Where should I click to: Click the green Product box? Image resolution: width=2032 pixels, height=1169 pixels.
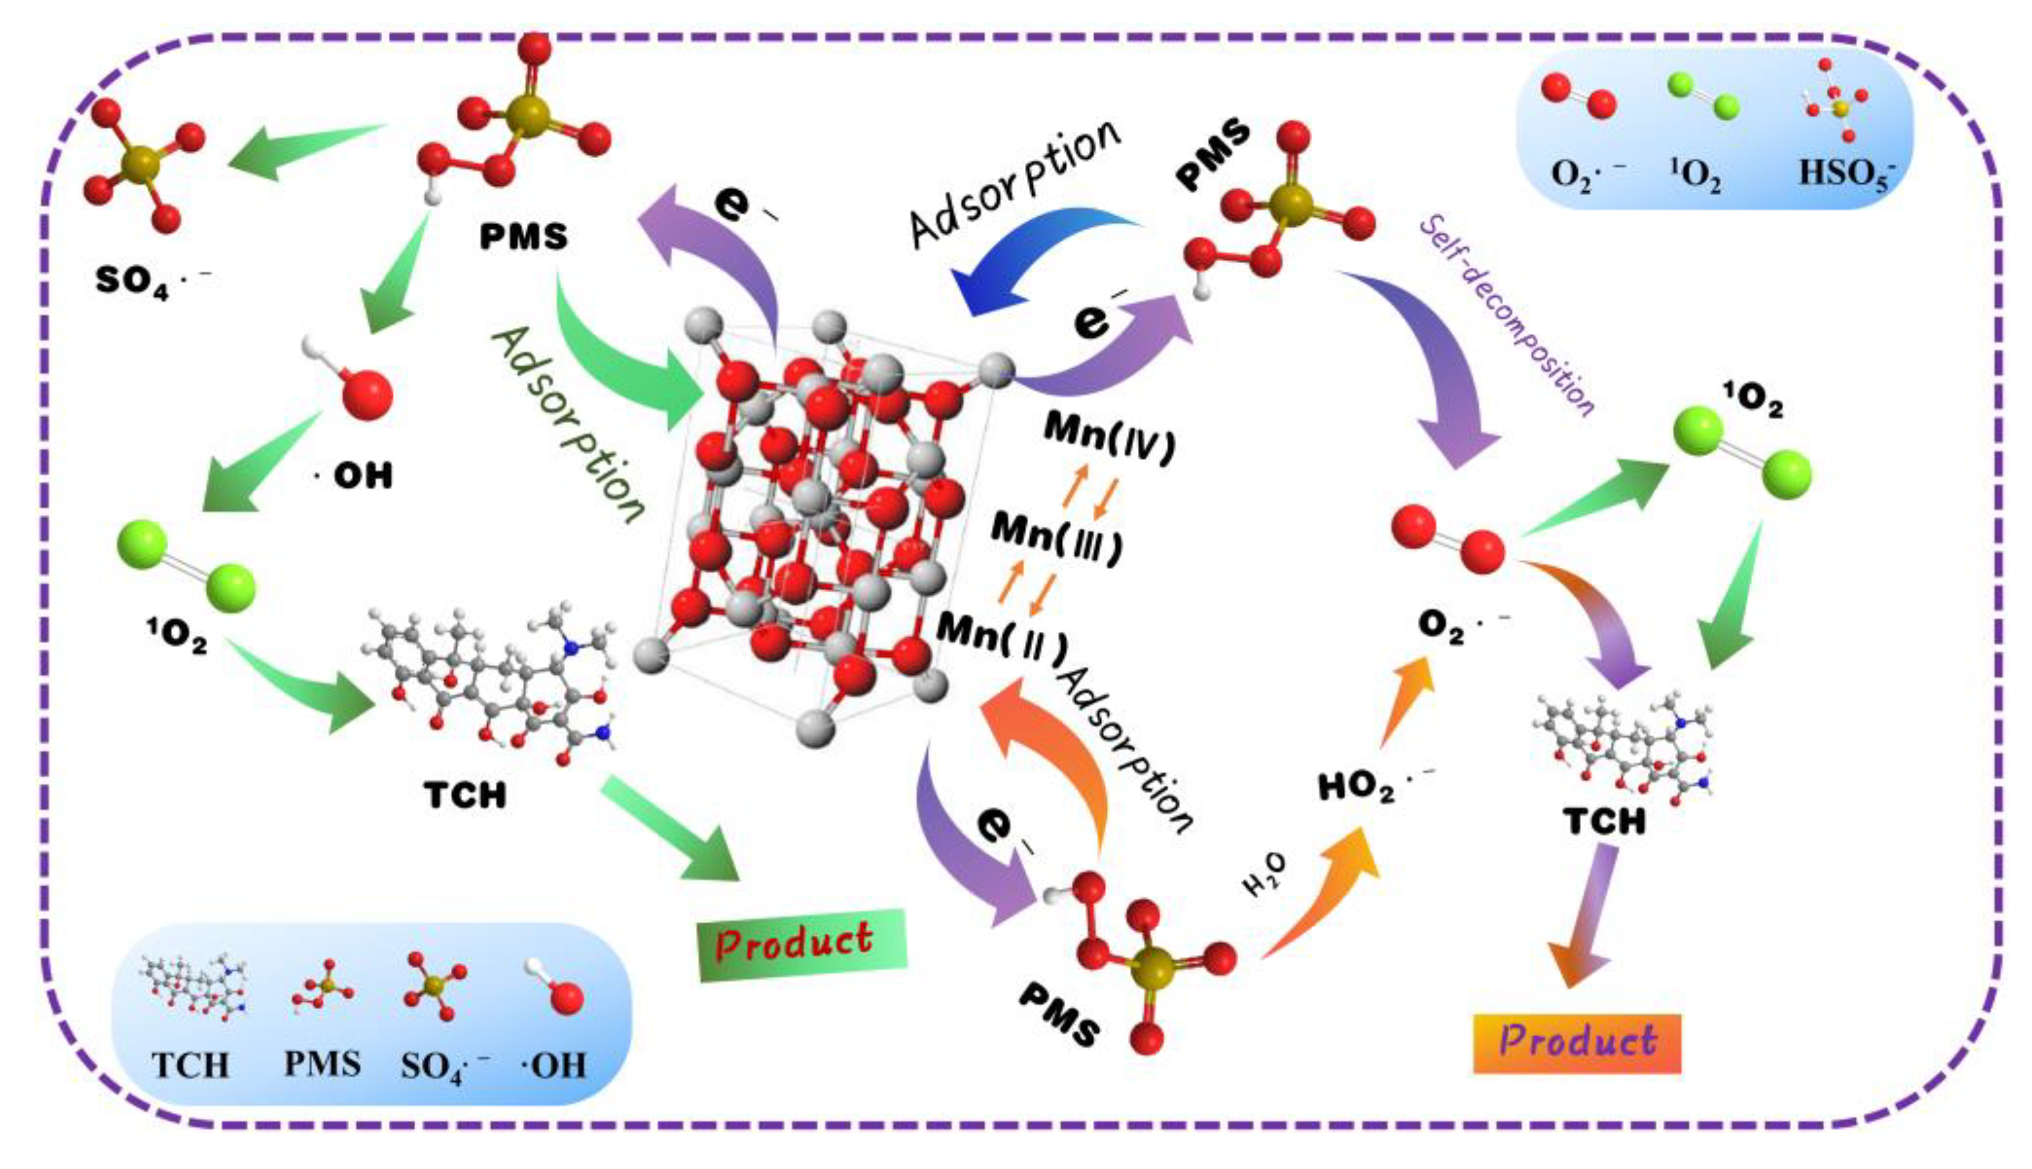click(802, 944)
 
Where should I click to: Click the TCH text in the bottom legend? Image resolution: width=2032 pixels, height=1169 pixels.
click(190, 1065)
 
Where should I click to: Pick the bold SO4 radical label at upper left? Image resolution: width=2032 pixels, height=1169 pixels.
click(152, 281)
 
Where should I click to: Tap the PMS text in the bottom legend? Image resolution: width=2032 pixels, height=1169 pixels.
click(322, 1064)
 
